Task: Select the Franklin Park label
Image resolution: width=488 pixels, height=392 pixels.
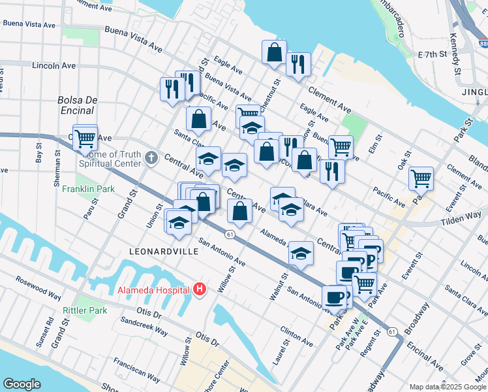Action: point(88,189)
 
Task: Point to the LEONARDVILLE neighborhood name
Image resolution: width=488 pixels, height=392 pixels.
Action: point(163,250)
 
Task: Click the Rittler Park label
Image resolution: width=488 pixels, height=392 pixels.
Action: point(85,310)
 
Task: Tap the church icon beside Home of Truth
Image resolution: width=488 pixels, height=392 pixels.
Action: point(151,157)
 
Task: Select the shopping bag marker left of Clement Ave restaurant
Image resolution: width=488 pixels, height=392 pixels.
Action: point(275,52)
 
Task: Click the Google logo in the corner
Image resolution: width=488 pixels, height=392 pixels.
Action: point(22,384)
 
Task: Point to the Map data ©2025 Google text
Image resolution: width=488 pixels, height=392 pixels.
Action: point(447,387)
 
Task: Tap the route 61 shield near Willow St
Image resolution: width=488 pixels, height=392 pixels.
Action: point(230,234)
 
